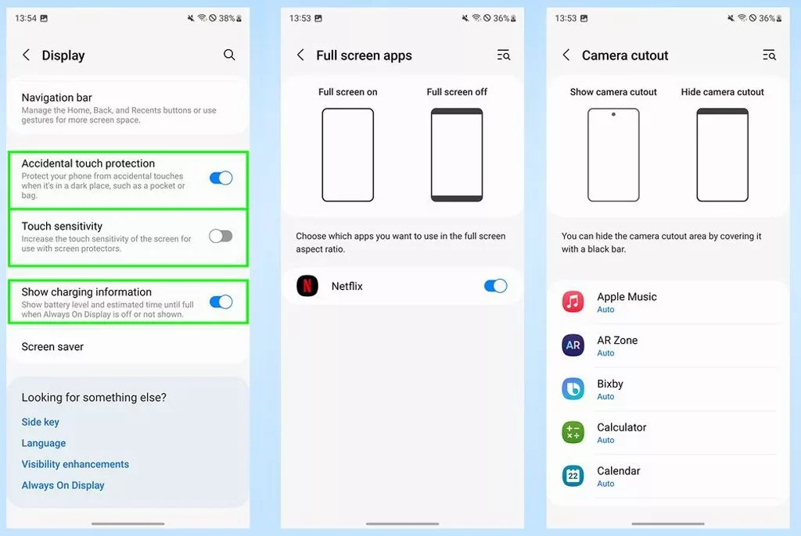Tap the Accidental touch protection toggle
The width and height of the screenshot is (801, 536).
221,177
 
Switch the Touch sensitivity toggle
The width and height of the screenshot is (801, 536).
221,236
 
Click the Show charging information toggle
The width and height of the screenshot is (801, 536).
221,302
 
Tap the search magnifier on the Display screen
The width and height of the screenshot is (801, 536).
229,55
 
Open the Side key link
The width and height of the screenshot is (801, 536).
41,422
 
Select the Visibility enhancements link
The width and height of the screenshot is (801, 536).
75,464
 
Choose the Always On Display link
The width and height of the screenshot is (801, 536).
63,485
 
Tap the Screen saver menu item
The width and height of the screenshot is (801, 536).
52,347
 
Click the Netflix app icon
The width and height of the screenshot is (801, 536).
307,286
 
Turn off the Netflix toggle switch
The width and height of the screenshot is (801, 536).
495,286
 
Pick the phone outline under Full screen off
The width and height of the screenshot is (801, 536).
457,155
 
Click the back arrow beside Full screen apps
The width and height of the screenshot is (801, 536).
300,55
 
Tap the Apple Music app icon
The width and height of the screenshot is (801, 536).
573,302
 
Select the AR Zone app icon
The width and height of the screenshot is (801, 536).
573,345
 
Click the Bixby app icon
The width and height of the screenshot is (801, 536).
573,389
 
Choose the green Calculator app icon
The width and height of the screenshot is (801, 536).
573,432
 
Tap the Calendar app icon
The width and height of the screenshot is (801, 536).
573,476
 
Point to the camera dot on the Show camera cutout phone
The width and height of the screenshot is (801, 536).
613,114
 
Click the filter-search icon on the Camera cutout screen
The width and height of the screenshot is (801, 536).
770,55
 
